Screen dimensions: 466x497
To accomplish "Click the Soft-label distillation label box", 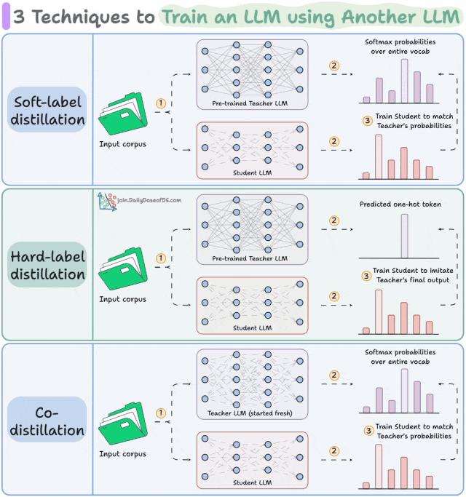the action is (47, 109).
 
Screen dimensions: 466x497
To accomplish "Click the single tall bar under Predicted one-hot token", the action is (404, 235).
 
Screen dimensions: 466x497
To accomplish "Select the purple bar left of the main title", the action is (7, 17).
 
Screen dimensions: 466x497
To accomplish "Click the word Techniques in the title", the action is (72, 17).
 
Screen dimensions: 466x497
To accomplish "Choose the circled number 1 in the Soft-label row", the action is (161, 103).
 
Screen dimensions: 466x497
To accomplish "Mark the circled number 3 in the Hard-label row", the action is (366, 276).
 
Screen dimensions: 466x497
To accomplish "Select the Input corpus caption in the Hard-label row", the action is (122, 299).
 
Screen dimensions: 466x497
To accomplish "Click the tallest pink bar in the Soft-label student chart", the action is (378, 156).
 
